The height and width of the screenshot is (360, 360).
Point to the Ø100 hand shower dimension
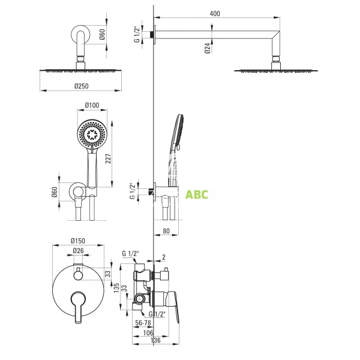(91, 106)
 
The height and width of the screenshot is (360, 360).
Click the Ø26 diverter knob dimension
(77, 251)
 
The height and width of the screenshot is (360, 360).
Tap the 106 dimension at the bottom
(147, 334)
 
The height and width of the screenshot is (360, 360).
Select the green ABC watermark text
(196, 194)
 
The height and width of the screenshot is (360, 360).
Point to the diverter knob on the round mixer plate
(77, 275)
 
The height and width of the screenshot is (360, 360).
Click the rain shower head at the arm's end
(277, 70)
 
